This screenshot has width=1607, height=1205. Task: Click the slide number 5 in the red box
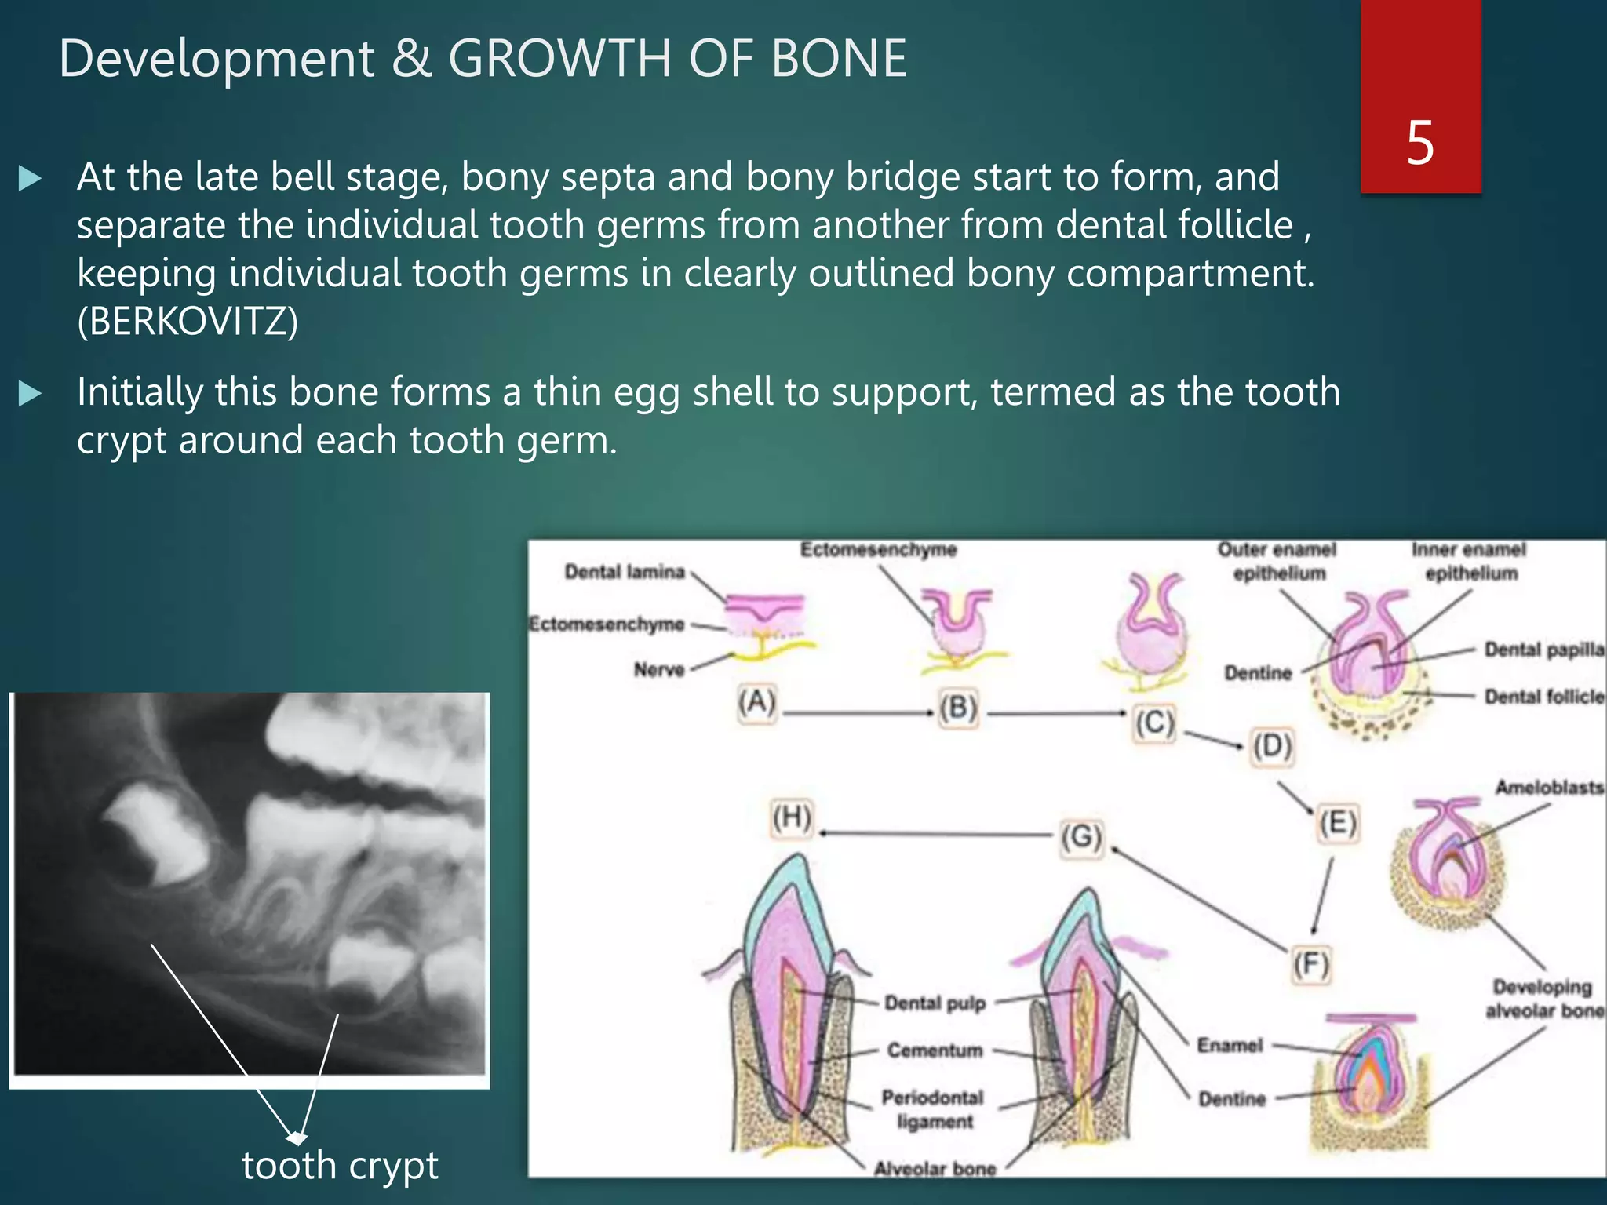coord(1420,143)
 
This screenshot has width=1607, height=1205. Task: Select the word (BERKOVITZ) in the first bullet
coord(188,322)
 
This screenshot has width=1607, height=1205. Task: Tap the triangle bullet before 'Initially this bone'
coord(30,392)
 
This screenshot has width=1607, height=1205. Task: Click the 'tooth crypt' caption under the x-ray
coord(339,1165)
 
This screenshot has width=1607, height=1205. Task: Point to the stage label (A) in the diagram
coord(756,701)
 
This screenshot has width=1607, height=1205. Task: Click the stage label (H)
coord(791,817)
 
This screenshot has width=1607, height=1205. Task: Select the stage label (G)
coord(1081,837)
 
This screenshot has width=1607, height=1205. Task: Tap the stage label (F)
coord(1311,964)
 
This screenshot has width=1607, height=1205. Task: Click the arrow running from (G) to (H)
coord(934,834)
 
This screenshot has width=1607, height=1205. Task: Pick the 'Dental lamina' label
coord(625,572)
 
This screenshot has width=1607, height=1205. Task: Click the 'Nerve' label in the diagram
coord(659,669)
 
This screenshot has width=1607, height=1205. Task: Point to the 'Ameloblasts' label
coord(1548,787)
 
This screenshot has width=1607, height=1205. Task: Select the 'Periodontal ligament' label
coord(933,1109)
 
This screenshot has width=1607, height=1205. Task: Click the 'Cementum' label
coord(935,1050)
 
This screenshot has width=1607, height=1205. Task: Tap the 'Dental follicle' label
coord(1543,697)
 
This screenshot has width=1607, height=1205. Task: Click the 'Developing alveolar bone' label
coord(1542,999)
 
